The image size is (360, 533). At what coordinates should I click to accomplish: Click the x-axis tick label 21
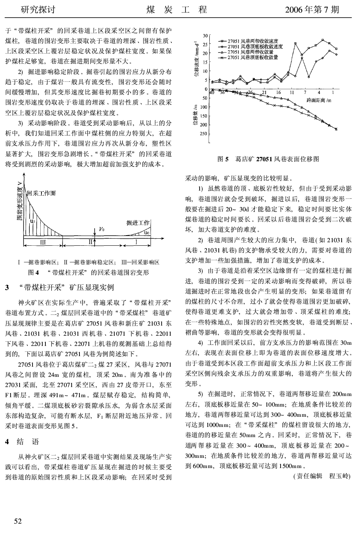point(265,92)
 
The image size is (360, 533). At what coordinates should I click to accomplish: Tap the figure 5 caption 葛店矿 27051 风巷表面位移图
point(268,159)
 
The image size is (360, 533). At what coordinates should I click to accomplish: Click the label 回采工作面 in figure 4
point(41,193)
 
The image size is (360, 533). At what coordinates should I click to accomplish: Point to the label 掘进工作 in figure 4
point(138,223)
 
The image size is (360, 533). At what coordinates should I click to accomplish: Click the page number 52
point(18,520)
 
